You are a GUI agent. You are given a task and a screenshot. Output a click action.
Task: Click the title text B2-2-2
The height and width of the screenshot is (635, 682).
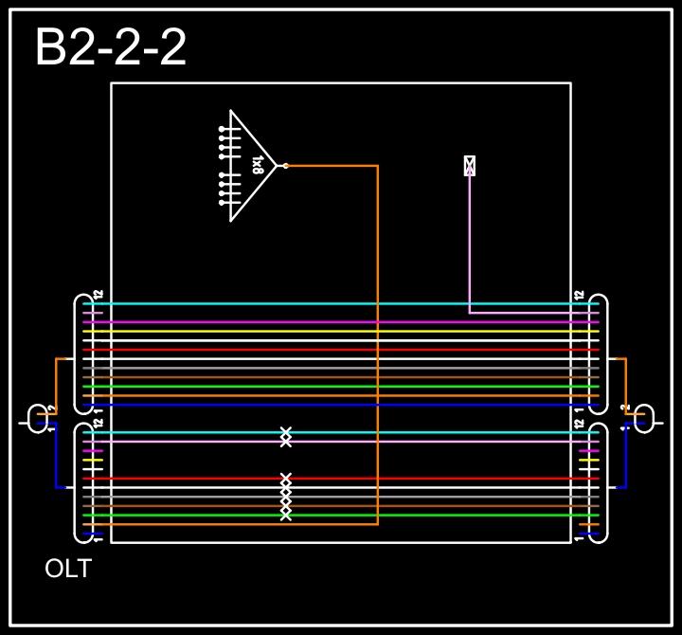[111, 47]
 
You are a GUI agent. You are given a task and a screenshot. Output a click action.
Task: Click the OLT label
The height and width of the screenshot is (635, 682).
[68, 569]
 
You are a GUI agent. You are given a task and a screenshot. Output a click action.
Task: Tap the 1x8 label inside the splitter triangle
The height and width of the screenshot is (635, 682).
[257, 166]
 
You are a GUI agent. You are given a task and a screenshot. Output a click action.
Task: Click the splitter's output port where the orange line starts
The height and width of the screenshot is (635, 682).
[285, 166]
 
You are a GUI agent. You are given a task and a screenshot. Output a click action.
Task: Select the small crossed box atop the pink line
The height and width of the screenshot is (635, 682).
[469, 166]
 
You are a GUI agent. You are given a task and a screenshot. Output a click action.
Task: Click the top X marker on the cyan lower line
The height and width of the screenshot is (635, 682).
[286, 432]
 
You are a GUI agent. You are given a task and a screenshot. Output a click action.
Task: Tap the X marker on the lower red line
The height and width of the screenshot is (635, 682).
[286, 479]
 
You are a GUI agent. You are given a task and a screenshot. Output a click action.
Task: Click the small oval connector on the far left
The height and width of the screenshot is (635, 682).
[38, 418]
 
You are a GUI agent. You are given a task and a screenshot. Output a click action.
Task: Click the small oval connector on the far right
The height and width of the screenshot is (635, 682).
[644, 418]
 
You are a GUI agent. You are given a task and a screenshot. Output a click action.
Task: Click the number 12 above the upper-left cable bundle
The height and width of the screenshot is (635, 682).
[98, 295]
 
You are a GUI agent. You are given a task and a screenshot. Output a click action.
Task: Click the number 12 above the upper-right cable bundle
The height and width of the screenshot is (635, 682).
[580, 295]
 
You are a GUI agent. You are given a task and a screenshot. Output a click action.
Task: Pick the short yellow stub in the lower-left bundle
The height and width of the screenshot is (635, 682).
[92, 460]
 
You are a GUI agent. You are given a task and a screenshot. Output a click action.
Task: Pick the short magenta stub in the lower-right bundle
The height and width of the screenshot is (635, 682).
[589, 450]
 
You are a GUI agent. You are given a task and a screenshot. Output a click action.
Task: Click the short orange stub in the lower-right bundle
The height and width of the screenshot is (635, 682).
[589, 524]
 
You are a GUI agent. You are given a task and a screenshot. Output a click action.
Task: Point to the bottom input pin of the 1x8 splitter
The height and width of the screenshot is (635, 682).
[223, 203]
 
